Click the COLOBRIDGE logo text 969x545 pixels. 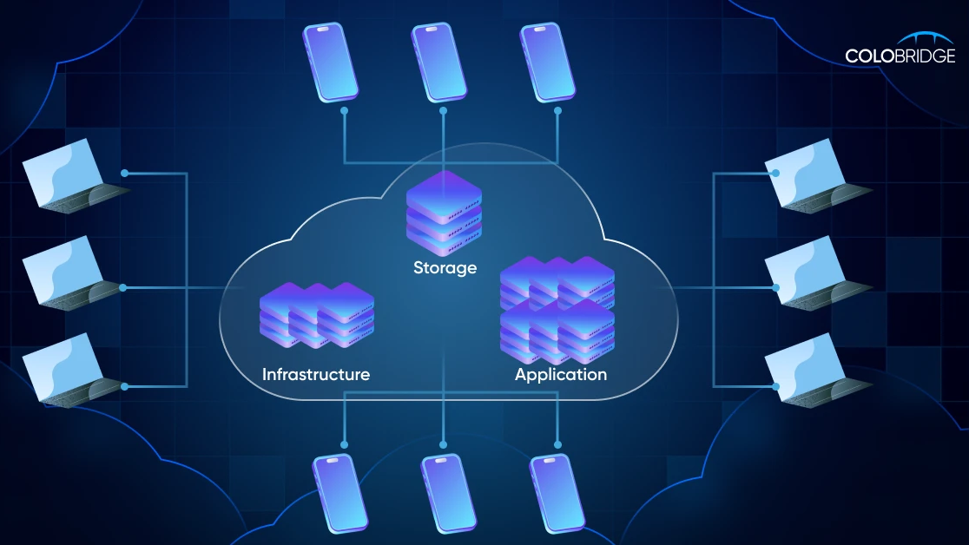coord(900,56)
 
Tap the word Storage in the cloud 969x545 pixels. coord(445,267)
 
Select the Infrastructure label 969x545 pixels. coord(316,375)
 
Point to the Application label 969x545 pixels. coord(561,375)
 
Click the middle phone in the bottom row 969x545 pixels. coord(449,493)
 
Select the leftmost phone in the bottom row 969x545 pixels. coord(340,493)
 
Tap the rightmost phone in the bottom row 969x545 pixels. coord(557,493)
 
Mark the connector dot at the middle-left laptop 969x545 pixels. coord(124,287)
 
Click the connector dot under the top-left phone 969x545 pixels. coord(345,111)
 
